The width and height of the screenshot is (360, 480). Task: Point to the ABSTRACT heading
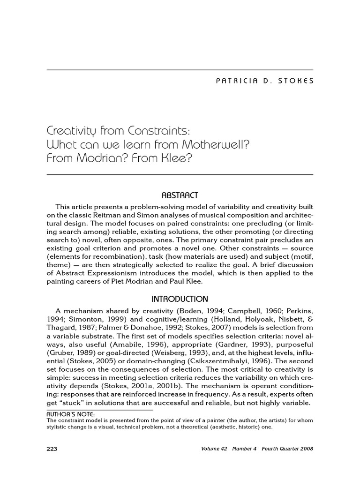[180, 195]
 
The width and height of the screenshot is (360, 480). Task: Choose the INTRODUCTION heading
[180, 299]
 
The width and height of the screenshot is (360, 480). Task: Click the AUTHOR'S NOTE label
[71, 414]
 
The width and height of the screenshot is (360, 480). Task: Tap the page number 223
[52, 449]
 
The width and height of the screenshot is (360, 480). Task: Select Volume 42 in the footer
[213, 449]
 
